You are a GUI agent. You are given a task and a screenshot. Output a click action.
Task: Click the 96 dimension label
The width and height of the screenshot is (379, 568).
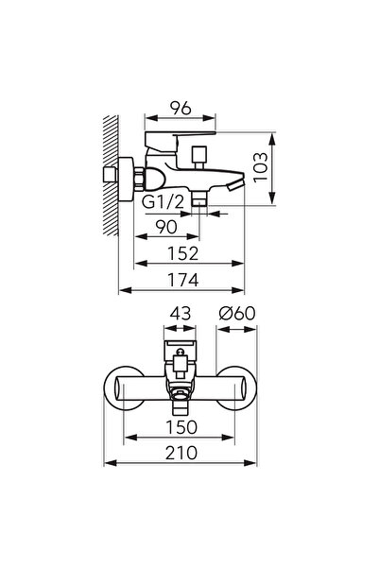pos(181,108)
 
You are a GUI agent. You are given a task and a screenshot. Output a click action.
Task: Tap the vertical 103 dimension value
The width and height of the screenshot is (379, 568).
pos(260,167)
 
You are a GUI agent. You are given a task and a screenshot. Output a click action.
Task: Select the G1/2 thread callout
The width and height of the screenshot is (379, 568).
pos(163,201)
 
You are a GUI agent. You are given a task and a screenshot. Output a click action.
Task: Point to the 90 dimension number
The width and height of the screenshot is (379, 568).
pos(166,227)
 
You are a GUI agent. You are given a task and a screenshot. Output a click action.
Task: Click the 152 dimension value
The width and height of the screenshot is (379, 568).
pos(183,253)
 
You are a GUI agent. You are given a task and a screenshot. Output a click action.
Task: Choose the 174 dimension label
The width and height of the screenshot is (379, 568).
pos(183,280)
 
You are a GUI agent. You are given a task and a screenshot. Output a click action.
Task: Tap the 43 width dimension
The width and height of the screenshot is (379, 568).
pos(181,314)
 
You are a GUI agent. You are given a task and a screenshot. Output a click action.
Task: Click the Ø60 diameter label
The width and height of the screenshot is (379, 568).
pos(237,314)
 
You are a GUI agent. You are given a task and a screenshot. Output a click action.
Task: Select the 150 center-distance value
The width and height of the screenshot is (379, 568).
pos(181,427)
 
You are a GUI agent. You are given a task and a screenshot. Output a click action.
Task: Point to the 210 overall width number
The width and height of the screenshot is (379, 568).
pos(181,453)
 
